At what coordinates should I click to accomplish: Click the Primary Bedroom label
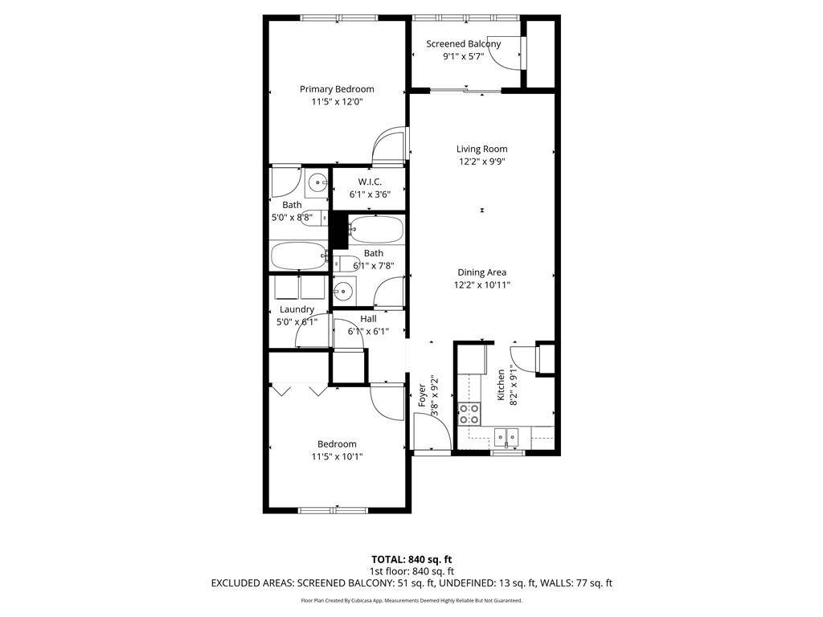tap(337, 89)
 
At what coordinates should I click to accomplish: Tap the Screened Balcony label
tap(464, 44)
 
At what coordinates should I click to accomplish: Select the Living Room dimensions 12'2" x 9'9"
tap(482, 161)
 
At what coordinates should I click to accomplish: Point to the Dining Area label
tap(482, 272)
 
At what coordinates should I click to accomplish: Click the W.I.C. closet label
tap(370, 182)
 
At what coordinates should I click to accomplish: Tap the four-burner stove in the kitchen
tap(469, 414)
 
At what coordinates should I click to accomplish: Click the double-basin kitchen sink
tap(506, 436)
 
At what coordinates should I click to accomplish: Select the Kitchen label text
tap(501, 385)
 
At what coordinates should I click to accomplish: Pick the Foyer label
tap(422, 395)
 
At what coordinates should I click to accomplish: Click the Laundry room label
tap(297, 309)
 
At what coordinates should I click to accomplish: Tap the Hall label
tap(368, 319)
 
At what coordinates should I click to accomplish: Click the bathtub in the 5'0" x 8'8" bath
tap(298, 256)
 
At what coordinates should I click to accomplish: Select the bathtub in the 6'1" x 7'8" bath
tap(376, 230)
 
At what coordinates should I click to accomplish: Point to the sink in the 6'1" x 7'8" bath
tap(343, 290)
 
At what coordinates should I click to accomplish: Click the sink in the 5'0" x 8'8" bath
tap(317, 183)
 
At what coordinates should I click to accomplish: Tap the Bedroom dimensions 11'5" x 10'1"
tap(337, 457)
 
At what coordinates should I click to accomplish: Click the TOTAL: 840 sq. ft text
tap(411, 559)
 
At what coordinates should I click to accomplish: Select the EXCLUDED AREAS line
tap(411, 583)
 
